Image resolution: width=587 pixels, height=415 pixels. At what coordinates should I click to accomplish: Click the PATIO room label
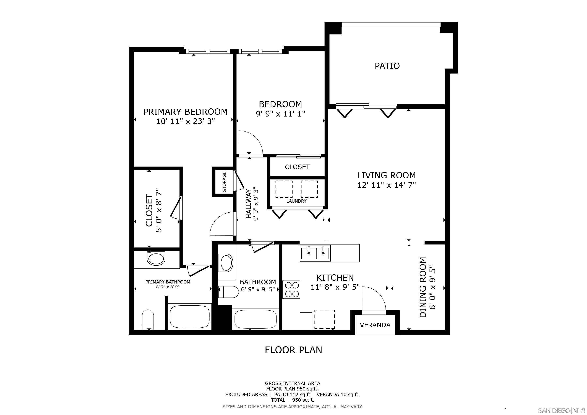387,66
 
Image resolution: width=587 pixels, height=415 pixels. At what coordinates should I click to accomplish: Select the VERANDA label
375,325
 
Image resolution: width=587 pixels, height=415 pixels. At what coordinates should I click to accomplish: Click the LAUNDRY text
296,201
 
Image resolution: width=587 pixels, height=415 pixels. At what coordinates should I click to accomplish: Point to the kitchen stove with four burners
291,289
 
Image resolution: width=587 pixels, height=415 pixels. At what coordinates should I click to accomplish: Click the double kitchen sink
316,253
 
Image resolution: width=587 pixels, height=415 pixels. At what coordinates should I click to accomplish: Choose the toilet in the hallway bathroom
228,292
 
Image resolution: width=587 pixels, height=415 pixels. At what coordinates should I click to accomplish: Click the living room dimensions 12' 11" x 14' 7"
386,185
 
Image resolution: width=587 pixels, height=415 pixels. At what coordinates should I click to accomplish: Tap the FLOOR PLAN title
293,350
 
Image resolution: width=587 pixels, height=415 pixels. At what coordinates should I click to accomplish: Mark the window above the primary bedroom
208,51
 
